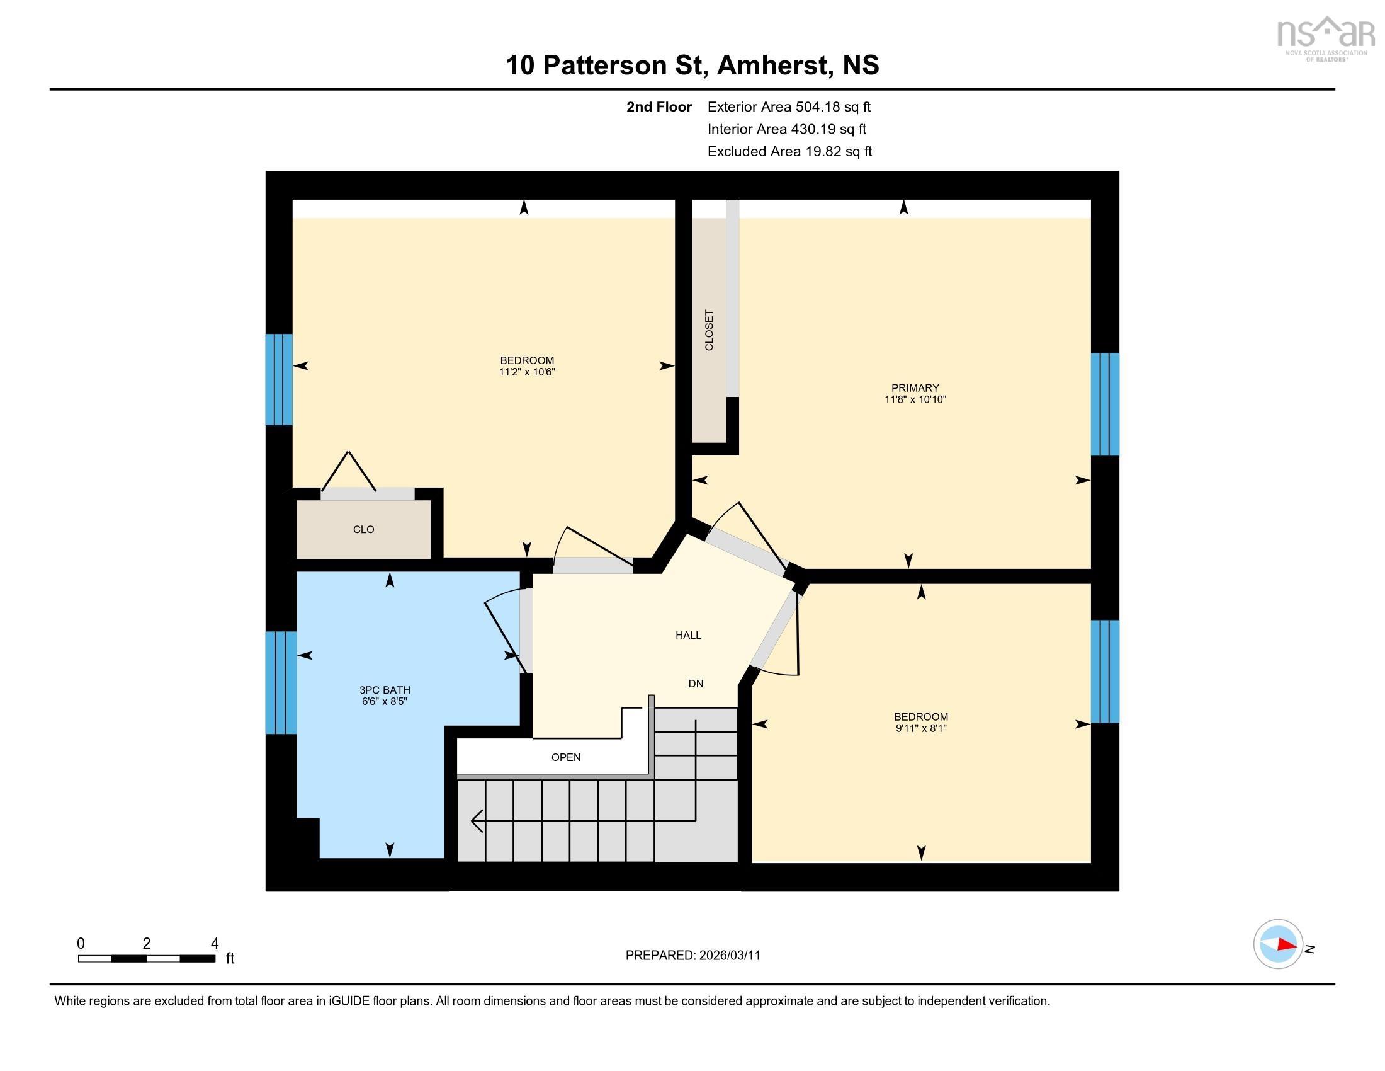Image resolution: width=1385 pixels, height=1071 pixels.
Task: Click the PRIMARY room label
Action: [915, 387]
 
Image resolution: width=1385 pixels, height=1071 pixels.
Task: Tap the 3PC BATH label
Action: [384, 690]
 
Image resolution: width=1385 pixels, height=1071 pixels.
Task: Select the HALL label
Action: [688, 635]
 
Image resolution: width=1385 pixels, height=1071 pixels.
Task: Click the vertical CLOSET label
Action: [709, 330]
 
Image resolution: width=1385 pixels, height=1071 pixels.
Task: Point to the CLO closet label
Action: [363, 529]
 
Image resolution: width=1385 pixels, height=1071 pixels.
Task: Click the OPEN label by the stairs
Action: [566, 757]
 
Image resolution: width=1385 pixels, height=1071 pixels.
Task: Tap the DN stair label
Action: [696, 684]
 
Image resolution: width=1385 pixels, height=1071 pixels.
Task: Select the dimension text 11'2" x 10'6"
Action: [526, 372]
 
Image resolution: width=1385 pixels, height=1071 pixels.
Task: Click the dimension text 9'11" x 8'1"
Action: [921, 728]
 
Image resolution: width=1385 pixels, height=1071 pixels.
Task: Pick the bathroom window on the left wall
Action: [280, 682]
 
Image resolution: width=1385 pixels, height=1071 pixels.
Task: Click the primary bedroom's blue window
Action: [1104, 404]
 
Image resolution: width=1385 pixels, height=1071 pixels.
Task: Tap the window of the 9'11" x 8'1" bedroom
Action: [1104, 672]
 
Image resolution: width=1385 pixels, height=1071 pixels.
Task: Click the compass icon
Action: [1278, 944]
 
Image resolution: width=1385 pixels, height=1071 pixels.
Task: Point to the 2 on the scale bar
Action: [147, 944]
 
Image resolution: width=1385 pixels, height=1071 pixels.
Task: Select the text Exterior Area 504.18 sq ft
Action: [789, 106]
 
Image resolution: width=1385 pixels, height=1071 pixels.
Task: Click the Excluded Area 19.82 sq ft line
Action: [789, 151]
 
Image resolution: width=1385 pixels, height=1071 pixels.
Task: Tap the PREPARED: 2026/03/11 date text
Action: [692, 955]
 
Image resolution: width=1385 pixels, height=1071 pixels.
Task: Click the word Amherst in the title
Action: [772, 65]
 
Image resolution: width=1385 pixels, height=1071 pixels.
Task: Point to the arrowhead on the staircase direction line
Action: [475, 821]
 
